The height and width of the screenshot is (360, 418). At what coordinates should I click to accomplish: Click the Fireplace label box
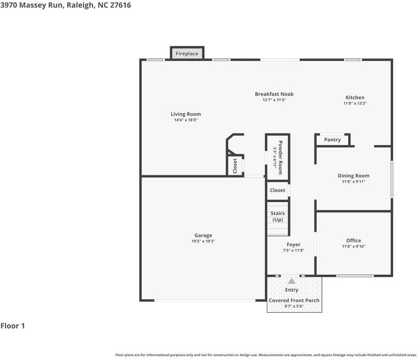(187, 53)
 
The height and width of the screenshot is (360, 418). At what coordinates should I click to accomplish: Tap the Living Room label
(186, 114)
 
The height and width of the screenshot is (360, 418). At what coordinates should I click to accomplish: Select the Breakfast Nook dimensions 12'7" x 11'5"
(274, 100)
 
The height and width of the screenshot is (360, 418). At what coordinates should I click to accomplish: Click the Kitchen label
(355, 97)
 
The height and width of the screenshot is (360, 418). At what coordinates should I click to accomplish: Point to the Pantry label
(332, 140)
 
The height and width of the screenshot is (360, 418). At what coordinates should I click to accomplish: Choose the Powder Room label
(280, 158)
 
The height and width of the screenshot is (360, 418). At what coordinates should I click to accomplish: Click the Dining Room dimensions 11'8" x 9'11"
(354, 182)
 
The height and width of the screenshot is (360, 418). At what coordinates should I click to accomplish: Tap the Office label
(354, 240)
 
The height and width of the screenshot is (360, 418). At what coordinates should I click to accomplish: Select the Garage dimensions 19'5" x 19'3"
(203, 241)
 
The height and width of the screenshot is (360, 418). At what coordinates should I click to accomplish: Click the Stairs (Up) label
(278, 217)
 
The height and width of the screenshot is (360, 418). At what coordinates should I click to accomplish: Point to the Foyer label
(294, 245)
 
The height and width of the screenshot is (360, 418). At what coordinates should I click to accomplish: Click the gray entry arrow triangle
(291, 281)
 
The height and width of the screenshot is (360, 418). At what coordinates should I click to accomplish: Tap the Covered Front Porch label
(294, 300)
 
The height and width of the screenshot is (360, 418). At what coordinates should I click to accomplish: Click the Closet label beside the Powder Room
(235, 166)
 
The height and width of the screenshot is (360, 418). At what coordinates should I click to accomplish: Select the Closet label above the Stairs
(278, 190)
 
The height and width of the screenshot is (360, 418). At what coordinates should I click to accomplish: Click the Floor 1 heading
(13, 326)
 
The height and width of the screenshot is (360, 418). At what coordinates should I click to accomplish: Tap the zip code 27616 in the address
(120, 5)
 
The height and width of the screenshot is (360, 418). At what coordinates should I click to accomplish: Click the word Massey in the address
(34, 5)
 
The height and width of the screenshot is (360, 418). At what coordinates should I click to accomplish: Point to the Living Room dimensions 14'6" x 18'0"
(186, 120)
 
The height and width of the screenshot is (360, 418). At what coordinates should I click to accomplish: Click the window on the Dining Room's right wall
(392, 179)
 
